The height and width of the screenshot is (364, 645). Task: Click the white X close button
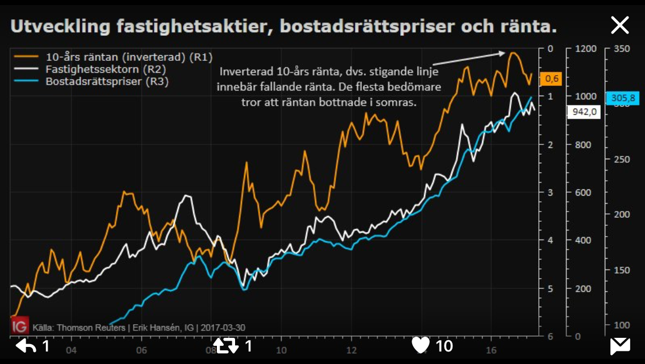click(x=619, y=25)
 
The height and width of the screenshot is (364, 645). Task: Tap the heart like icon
click(x=421, y=345)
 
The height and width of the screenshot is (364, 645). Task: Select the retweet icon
click(x=225, y=345)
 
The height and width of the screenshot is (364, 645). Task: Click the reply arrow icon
click(x=26, y=345)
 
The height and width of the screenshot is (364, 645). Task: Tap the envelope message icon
click(x=620, y=345)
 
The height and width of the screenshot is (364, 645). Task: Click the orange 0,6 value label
click(x=551, y=78)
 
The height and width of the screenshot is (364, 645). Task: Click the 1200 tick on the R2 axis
click(x=586, y=49)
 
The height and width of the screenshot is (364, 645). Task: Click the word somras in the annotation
click(x=399, y=103)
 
